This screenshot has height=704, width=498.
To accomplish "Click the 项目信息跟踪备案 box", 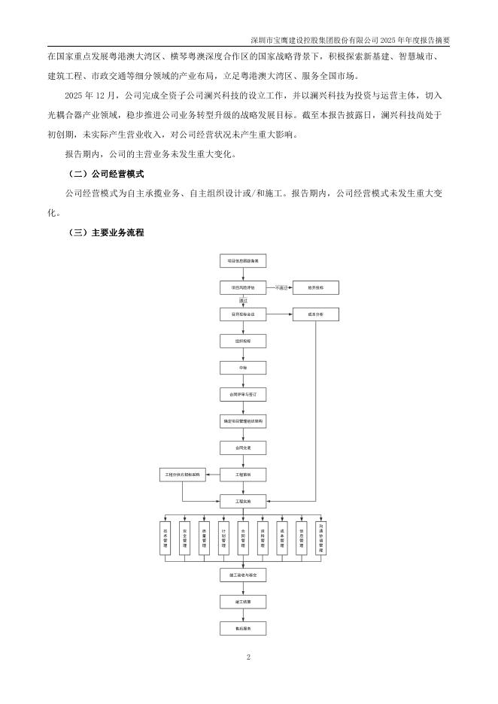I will (x=242, y=261).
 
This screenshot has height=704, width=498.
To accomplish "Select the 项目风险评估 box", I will (x=242, y=287).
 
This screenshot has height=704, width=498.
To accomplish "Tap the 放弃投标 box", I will (x=316, y=287).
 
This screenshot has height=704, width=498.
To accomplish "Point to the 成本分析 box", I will (x=316, y=314).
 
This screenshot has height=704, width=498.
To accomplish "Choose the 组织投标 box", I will (x=242, y=341).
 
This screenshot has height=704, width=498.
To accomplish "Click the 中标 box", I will (x=242, y=368).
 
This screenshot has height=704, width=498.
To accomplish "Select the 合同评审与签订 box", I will (x=242, y=394).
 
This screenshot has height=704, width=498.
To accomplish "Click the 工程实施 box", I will (x=242, y=501).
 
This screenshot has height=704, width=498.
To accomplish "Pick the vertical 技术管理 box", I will (x=165, y=537).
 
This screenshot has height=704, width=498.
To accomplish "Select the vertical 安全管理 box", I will (x=184, y=537).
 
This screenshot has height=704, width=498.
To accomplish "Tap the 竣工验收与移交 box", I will (x=242, y=575).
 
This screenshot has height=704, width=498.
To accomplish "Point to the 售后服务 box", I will (x=242, y=627).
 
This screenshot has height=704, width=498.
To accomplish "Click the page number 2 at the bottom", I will (x=248, y=657).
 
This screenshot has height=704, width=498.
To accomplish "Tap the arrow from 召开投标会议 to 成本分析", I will (x=278, y=314).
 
